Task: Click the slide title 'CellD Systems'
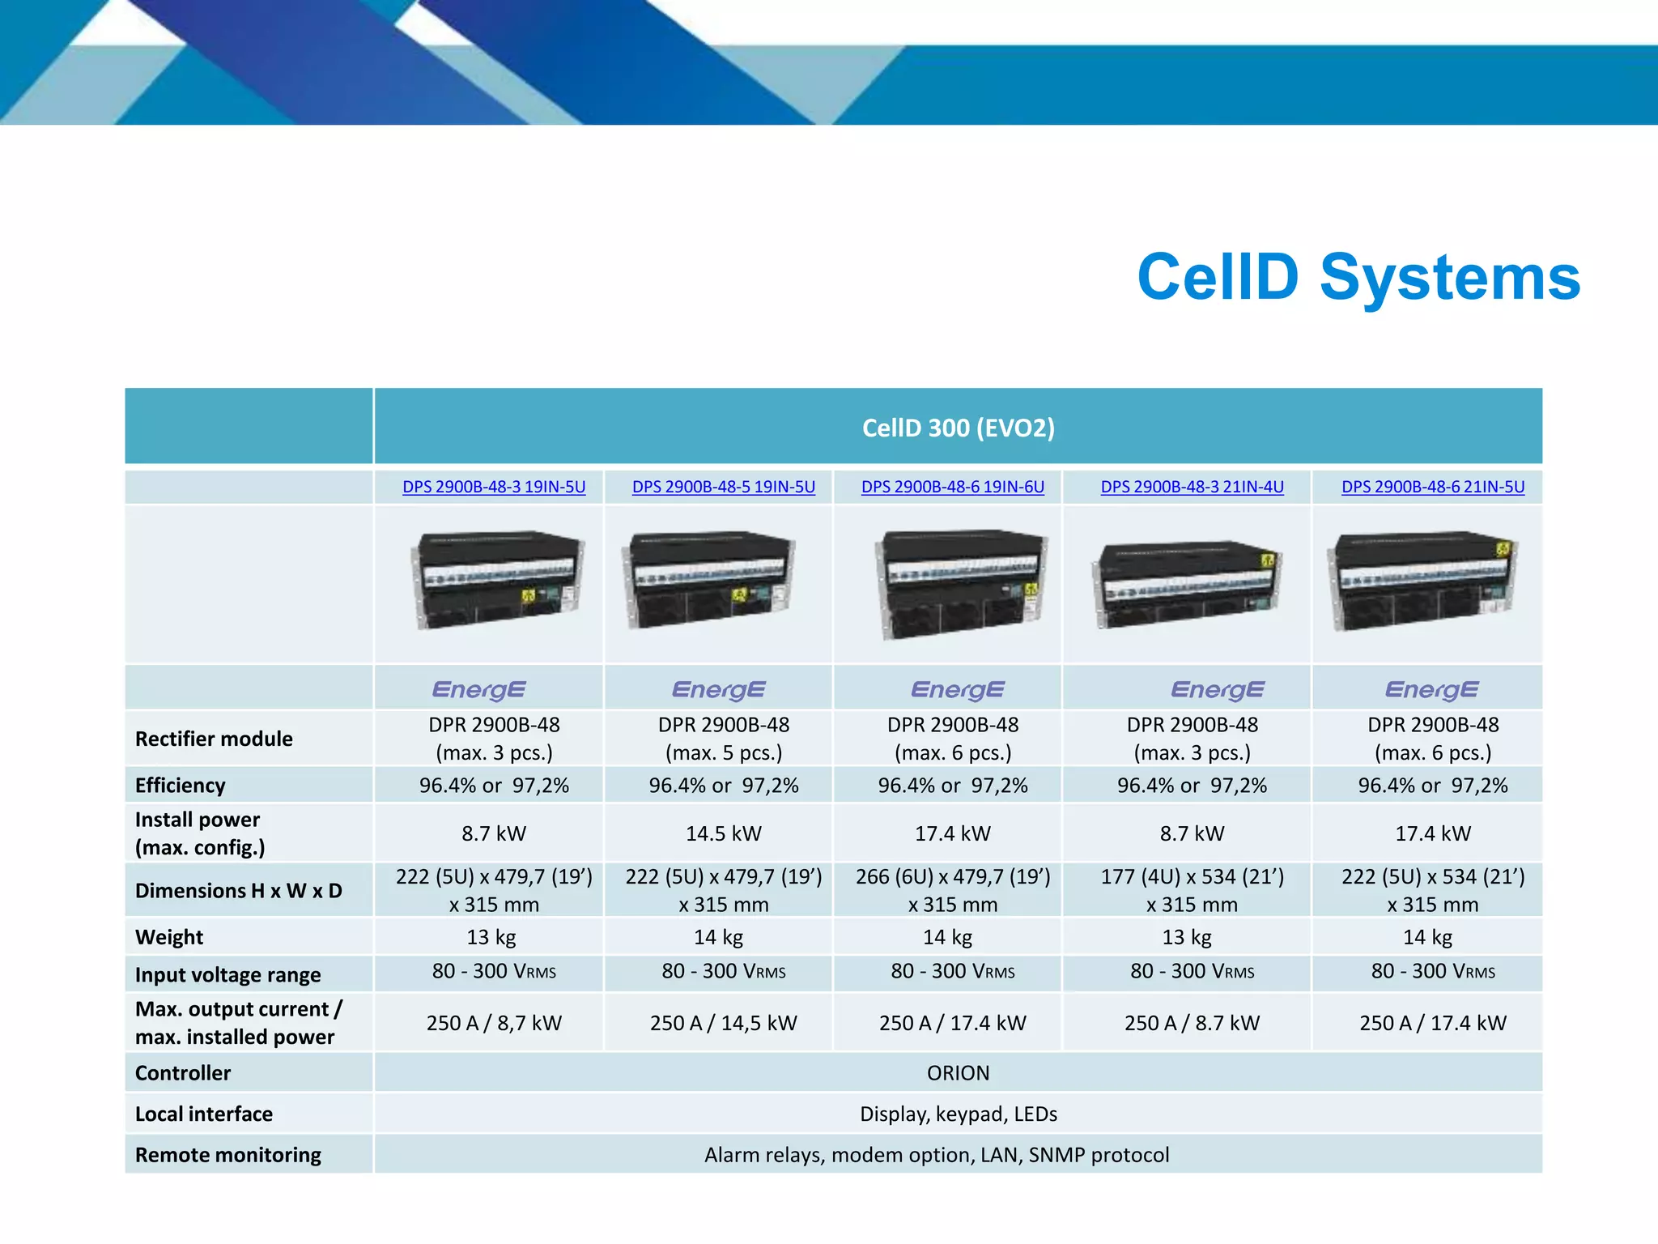coord(1358,277)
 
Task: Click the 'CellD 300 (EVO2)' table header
coord(958,428)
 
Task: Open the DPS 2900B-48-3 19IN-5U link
coord(494,487)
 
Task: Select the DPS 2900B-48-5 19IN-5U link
coord(723,487)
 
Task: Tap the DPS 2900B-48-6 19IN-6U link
coord(952,487)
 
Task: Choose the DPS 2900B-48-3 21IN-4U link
coord(1192,487)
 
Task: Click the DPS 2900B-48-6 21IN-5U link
coord(1432,487)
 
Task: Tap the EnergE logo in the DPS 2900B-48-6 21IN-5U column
coord(1431,689)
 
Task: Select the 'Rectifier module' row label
coord(214,739)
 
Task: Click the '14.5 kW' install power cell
coord(723,833)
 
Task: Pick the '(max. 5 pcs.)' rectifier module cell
coord(723,752)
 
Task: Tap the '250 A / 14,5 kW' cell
coord(723,1023)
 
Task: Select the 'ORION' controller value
coord(958,1073)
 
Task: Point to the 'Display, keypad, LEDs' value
coord(958,1114)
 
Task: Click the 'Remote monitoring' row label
coord(227,1155)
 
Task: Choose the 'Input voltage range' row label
coord(227,974)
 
